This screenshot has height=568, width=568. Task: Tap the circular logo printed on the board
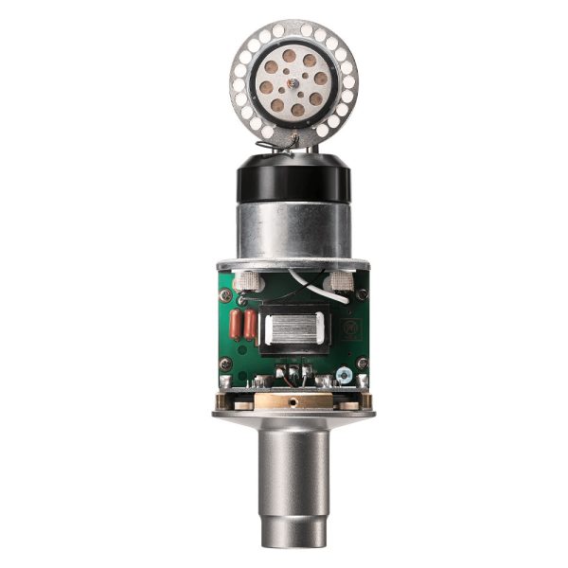click(x=347, y=329)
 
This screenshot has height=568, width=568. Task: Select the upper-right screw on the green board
click(x=363, y=293)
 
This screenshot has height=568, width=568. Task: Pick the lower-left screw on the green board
click(x=225, y=364)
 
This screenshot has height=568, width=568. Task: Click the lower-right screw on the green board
click(x=363, y=364)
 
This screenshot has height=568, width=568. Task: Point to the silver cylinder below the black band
click(x=293, y=227)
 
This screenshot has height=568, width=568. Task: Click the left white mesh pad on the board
click(x=248, y=281)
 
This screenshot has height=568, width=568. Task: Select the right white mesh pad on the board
click(x=341, y=281)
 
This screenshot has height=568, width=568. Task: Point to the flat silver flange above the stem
click(x=293, y=414)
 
